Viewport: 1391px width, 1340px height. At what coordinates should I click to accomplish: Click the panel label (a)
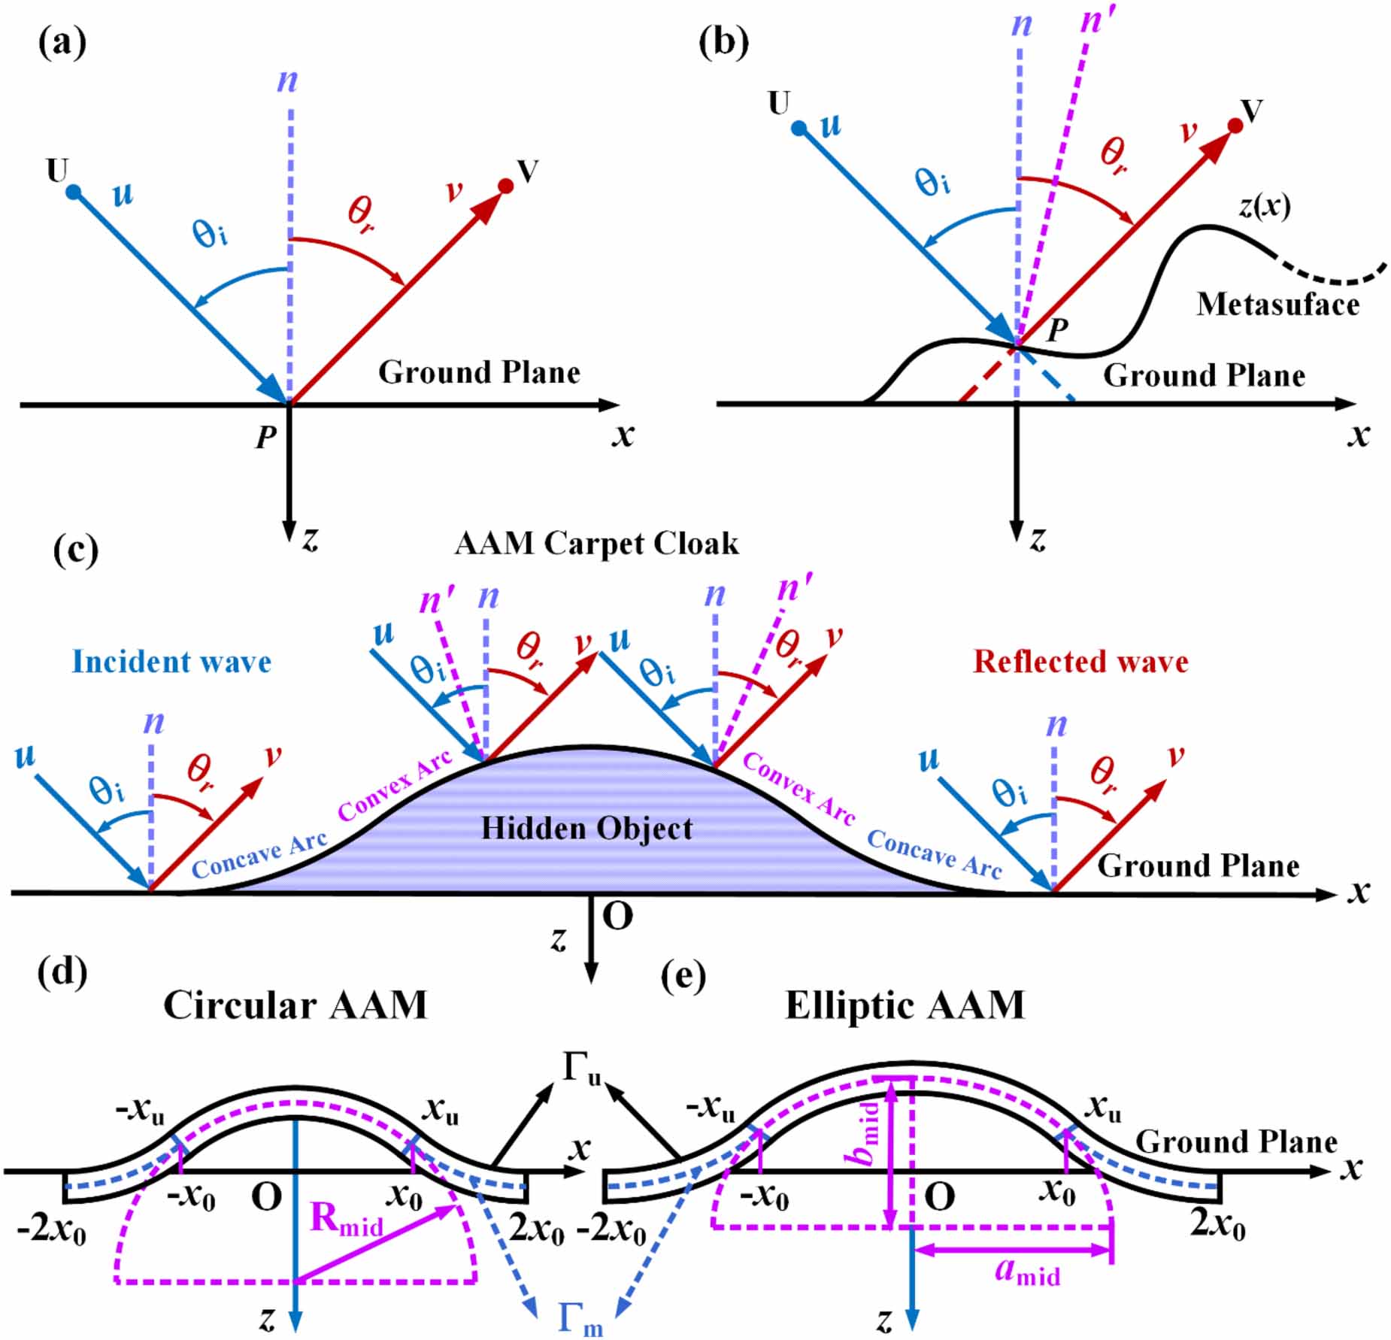[62, 43]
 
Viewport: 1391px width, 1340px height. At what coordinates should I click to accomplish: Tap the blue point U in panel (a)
[73, 193]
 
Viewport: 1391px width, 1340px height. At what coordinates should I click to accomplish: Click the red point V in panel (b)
[1235, 126]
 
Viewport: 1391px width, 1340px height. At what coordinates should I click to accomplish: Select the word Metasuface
[1277, 305]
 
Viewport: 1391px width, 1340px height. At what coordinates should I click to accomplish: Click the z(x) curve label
[1265, 205]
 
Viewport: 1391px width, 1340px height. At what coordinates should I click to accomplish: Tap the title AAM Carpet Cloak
[596, 544]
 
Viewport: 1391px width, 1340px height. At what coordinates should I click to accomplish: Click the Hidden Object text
[586, 829]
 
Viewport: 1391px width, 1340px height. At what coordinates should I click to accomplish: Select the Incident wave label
[171, 662]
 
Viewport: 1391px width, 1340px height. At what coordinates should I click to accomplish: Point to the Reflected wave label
[1080, 662]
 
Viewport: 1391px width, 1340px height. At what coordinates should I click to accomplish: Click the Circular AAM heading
[295, 1005]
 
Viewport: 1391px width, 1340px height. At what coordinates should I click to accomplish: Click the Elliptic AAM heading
[905, 1005]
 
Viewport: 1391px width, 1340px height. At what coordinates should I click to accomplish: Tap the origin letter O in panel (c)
[617, 917]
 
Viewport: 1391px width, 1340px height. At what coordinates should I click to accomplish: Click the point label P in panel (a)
[266, 437]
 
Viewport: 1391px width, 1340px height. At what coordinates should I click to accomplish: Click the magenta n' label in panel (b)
[1096, 21]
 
